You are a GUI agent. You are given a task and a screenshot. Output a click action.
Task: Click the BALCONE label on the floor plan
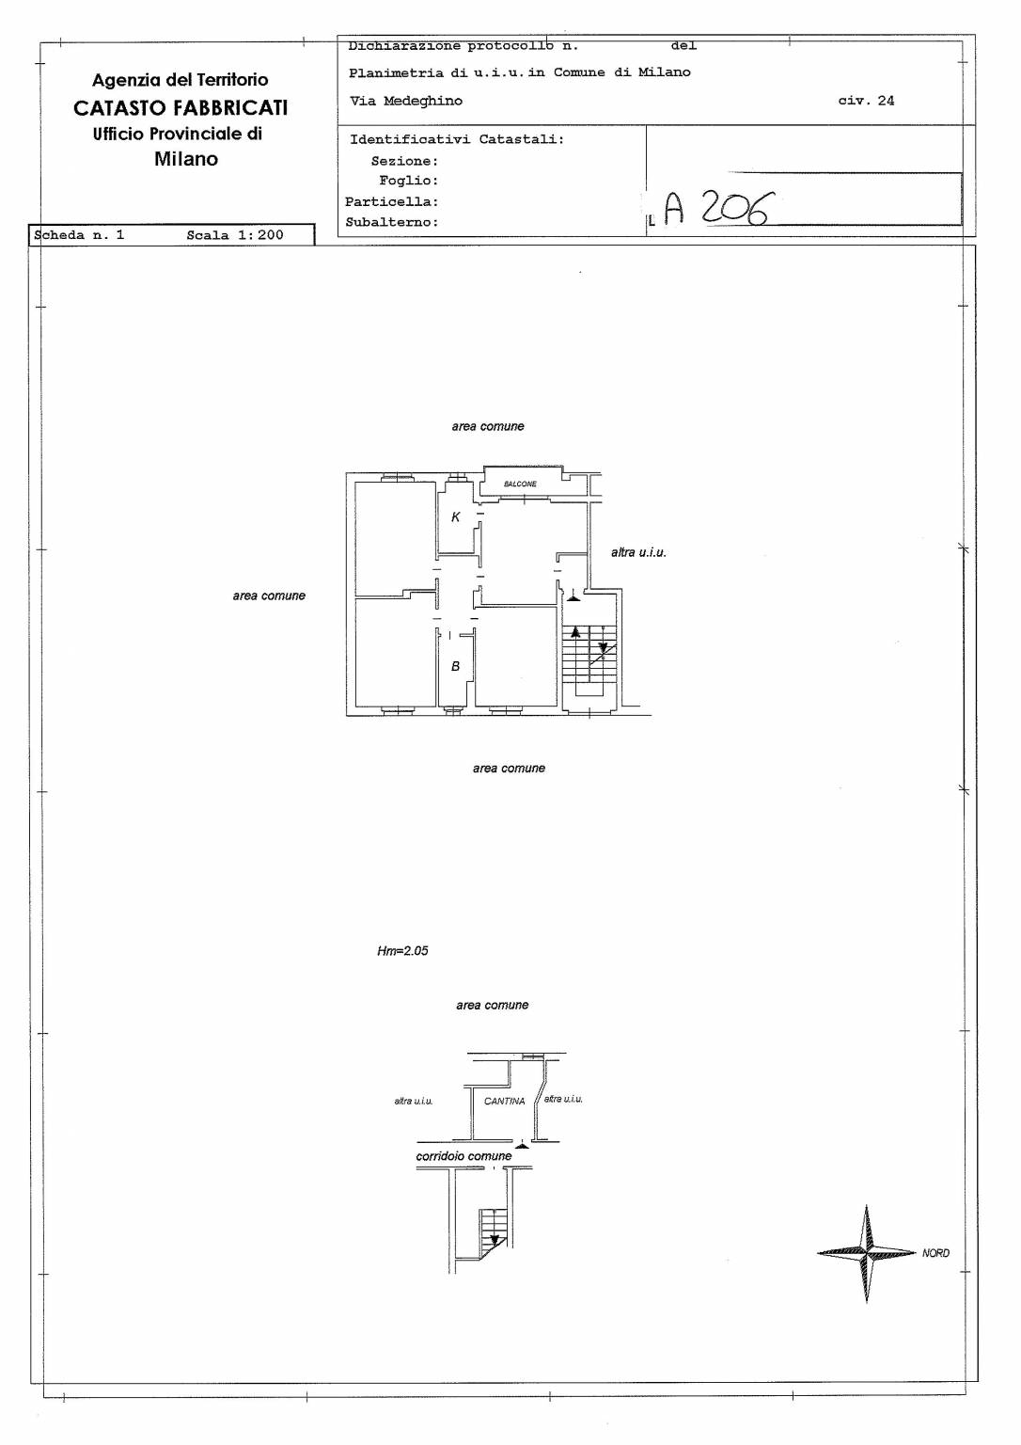tap(520, 484)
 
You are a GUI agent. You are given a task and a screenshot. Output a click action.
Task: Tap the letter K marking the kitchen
tap(456, 516)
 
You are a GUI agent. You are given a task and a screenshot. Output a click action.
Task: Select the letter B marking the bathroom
tap(455, 666)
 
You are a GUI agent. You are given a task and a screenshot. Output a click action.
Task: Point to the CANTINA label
tap(504, 1102)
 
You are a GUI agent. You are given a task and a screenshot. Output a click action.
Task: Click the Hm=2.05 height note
tap(402, 950)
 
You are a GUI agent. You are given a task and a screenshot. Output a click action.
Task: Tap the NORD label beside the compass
tap(935, 1253)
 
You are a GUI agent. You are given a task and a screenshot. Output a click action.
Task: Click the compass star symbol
tap(866, 1253)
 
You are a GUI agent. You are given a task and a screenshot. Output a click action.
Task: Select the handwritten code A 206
tap(715, 208)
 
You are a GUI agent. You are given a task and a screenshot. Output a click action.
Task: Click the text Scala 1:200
tap(235, 235)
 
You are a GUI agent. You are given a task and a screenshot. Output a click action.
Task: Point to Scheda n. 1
tap(79, 235)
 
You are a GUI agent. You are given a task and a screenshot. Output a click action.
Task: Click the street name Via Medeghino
tap(405, 101)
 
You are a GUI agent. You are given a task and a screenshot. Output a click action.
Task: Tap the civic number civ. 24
tap(866, 101)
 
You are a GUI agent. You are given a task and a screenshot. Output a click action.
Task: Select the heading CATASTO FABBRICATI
tap(181, 108)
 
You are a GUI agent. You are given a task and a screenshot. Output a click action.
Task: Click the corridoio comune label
tap(463, 1156)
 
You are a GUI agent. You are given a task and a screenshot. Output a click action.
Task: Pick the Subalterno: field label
tap(392, 222)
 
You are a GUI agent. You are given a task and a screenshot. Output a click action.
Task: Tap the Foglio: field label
tap(409, 181)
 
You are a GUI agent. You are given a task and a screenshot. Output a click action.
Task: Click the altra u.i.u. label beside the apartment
tap(638, 552)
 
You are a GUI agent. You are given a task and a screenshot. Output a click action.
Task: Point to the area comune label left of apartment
tap(269, 596)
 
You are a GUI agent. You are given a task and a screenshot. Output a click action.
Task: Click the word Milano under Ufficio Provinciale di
tap(185, 159)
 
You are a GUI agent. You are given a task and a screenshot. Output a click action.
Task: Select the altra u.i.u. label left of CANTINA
tap(413, 1102)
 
